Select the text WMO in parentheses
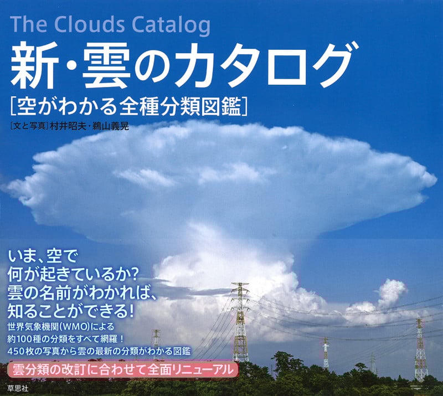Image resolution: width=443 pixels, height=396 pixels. [90, 326]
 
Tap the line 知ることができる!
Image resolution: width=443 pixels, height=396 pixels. [72, 308]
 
